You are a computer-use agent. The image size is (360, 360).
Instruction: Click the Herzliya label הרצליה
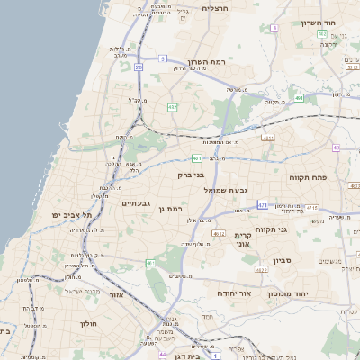coord(216,8)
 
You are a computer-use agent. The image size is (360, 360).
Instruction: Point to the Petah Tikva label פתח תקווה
coord(307,178)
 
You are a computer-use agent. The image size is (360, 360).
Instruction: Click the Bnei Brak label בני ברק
coord(191,176)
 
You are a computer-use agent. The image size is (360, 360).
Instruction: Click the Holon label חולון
coord(87,322)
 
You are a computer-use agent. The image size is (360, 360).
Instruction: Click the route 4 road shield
coord(274,28)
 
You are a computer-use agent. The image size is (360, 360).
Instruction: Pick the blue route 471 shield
coord(262,205)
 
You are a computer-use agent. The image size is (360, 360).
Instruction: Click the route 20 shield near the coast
coord(139,67)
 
